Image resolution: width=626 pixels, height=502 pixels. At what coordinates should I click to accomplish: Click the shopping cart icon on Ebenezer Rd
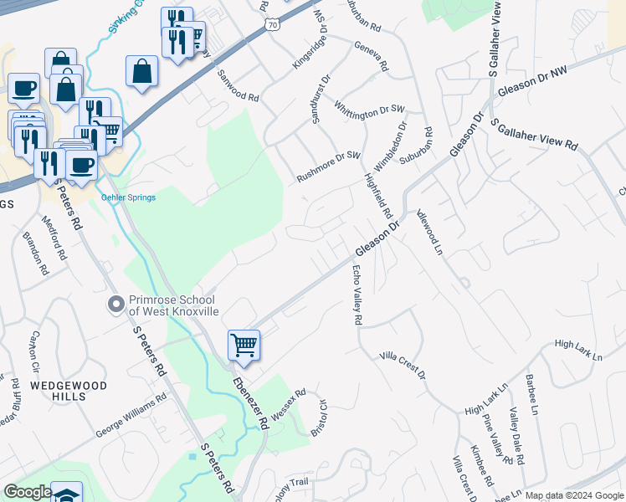244,344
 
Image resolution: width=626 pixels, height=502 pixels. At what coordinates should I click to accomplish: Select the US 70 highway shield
274,26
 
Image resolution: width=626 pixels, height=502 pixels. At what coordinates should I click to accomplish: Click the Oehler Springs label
128,197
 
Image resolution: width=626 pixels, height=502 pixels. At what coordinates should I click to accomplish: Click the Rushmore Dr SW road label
327,168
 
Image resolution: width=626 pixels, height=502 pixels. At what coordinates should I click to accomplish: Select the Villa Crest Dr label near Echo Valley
403,365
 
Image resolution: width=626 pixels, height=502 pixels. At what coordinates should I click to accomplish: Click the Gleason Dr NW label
532,82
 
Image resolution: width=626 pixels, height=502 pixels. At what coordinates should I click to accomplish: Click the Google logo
28,492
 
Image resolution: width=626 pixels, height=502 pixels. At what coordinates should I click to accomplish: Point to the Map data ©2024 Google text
573,495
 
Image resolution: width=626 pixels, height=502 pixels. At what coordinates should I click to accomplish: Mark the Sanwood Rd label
238,85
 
